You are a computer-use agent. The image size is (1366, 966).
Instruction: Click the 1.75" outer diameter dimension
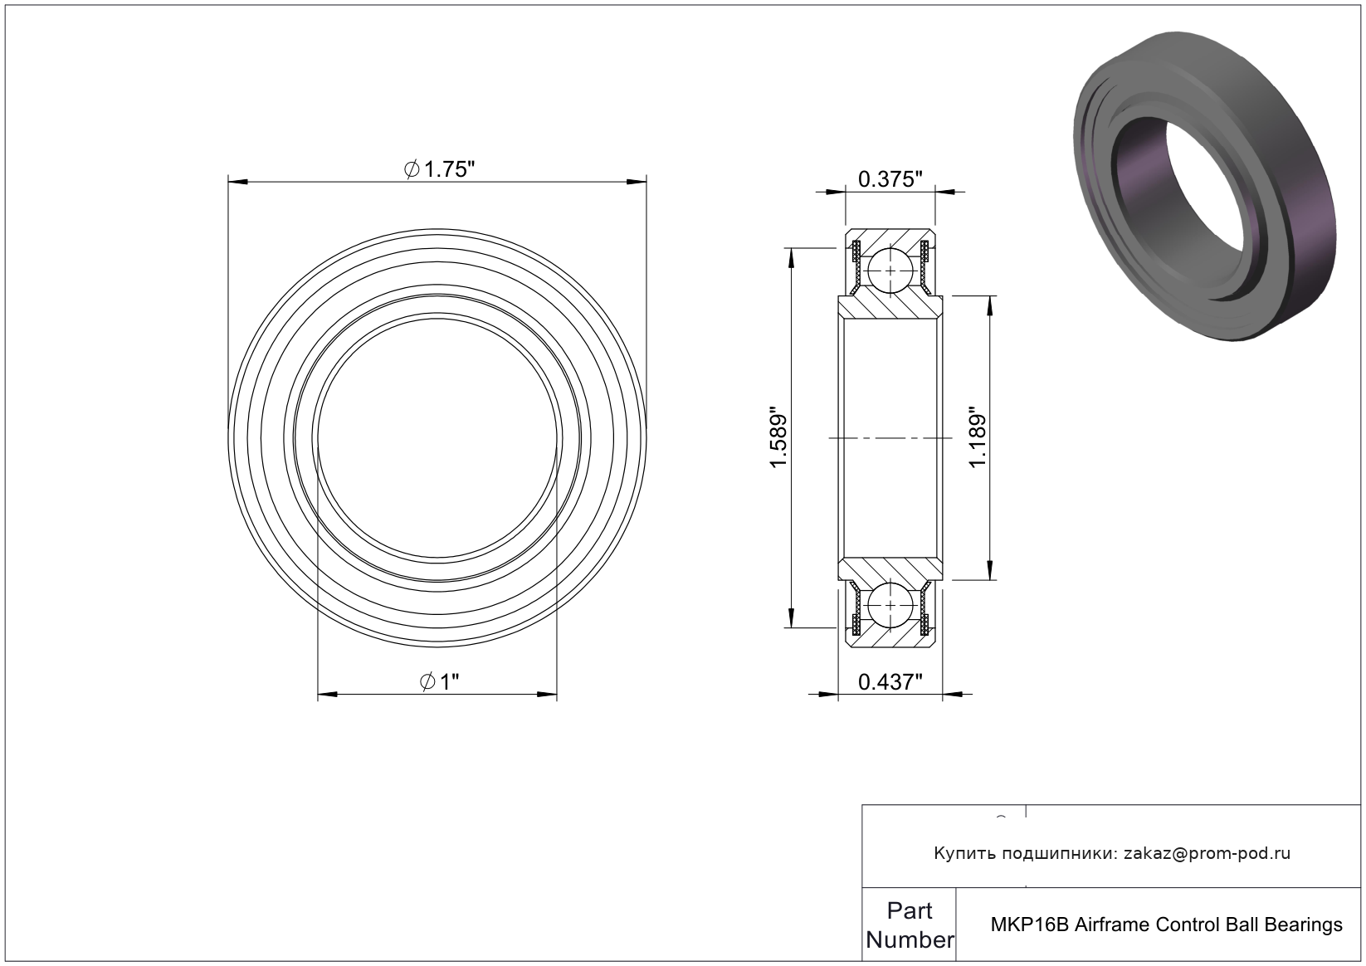click(439, 169)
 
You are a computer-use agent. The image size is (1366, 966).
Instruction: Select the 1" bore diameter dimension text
click(439, 681)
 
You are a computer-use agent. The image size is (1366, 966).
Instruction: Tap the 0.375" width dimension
click(890, 179)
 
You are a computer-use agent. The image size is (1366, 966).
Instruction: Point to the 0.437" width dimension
click(890, 682)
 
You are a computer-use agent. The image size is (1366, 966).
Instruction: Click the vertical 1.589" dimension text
click(778, 437)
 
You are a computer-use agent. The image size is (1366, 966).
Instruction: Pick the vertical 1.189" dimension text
click(978, 437)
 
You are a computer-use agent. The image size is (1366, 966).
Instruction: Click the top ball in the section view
click(890, 271)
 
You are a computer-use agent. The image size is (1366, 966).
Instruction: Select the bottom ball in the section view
click(890, 605)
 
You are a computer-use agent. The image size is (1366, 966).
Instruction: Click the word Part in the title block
click(910, 910)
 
